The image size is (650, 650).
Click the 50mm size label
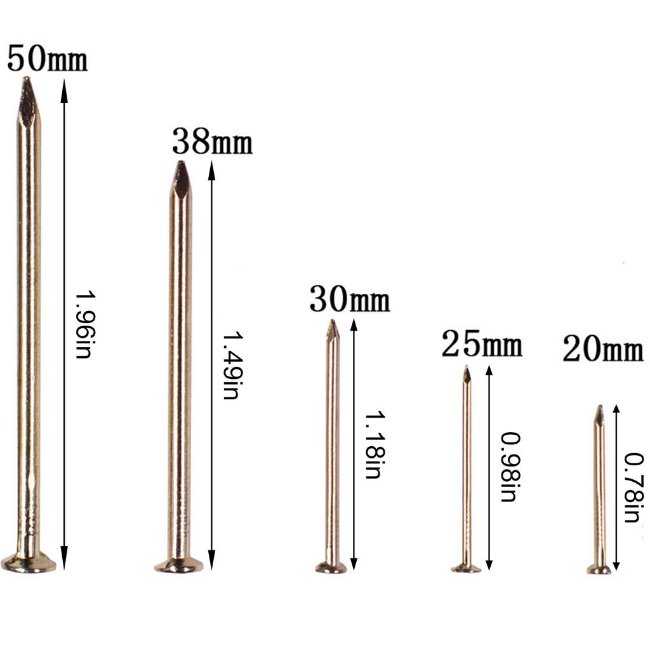(x=47, y=58)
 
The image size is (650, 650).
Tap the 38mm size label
(x=212, y=142)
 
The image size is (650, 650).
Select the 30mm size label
(x=350, y=300)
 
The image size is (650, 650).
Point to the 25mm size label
(x=482, y=343)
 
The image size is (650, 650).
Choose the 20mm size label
(x=603, y=348)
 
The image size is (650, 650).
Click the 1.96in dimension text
(x=85, y=324)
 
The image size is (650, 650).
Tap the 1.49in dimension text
(x=231, y=365)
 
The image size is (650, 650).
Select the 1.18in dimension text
(x=375, y=445)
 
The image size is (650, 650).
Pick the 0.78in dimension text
(x=635, y=488)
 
